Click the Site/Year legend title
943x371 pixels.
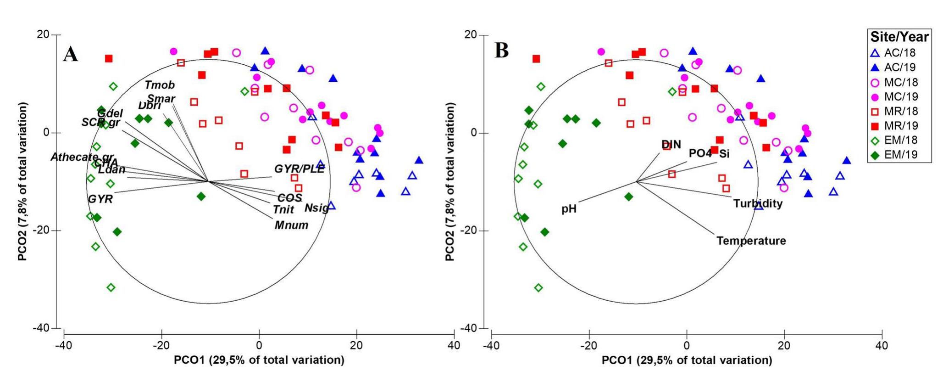click(x=899, y=37)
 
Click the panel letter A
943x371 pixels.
click(x=70, y=54)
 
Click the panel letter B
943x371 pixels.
click(x=501, y=51)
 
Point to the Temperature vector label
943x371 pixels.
click(x=751, y=241)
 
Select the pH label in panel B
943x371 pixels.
click(x=569, y=209)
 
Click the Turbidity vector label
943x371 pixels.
click(x=758, y=203)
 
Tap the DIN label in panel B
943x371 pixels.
click(x=671, y=145)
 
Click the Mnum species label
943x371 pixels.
click(x=291, y=225)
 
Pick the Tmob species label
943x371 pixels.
click(x=160, y=85)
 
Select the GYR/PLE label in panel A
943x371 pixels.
click(x=299, y=169)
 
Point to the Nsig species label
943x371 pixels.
click(x=316, y=208)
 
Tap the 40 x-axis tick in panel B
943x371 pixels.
click(x=882, y=346)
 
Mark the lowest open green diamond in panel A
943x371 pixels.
click(x=111, y=287)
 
